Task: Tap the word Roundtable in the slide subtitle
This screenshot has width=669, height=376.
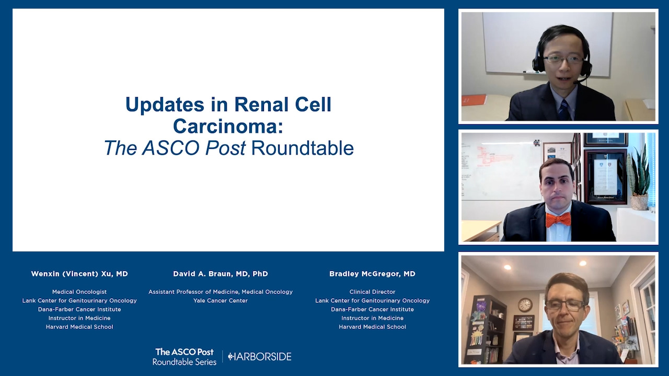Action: pos(303,148)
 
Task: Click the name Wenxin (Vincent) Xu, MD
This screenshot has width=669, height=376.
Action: pos(79,274)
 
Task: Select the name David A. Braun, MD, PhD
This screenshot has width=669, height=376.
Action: pos(221,274)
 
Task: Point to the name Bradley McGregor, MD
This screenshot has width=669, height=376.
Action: pos(372,274)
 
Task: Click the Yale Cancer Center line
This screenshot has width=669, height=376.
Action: pos(221,300)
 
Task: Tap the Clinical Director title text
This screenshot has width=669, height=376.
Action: pos(373,292)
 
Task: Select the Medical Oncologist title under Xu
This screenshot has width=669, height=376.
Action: pos(79,292)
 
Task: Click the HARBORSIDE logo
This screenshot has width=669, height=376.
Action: pos(260,357)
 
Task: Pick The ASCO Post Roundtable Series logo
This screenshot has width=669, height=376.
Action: pos(184,357)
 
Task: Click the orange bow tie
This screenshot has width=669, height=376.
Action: pos(558,220)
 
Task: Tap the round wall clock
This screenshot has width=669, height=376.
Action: pos(525,305)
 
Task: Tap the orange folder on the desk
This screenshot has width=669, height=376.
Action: pos(474,100)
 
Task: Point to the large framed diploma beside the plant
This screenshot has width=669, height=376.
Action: pos(605,177)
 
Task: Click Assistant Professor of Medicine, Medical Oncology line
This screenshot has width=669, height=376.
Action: pos(221,292)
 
